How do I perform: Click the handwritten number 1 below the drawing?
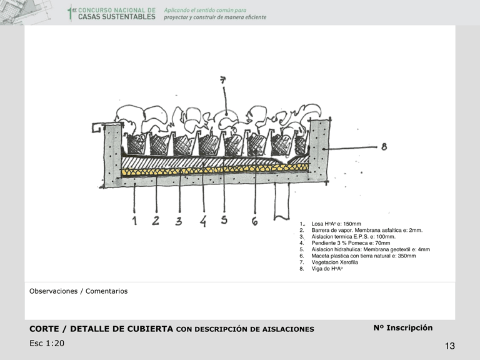(x=134, y=221)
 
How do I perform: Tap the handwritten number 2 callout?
(x=156, y=220)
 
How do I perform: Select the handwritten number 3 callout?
(x=179, y=221)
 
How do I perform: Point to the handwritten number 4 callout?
(x=203, y=221)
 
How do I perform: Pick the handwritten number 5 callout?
(x=224, y=220)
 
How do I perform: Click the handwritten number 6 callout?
(x=254, y=221)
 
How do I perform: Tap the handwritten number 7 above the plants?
(x=223, y=79)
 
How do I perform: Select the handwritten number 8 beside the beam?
(x=384, y=147)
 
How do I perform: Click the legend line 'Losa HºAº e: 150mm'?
(x=336, y=224)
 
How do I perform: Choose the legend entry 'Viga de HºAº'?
(x=327, y=269)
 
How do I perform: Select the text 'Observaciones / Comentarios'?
(x=78, y=291)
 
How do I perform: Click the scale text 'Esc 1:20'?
(x=46, y=343)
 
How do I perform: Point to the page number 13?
(x=450, y=346)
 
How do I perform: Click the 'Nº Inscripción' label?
(x=402, y=328)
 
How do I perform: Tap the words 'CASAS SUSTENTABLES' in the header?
(x=116, y=17)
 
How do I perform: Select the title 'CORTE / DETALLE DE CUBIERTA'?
(x=101, y=329)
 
